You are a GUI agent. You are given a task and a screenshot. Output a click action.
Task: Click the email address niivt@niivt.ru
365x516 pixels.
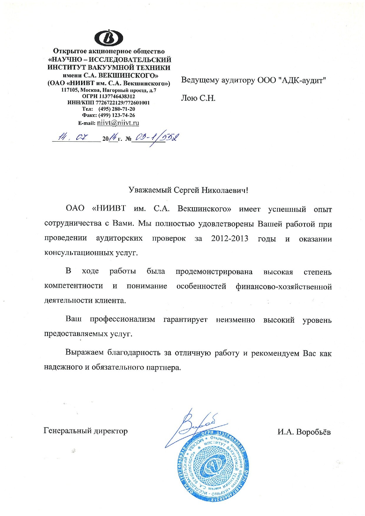coord(118,123)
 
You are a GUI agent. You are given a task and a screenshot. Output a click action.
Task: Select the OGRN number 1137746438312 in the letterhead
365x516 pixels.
coord(117,96)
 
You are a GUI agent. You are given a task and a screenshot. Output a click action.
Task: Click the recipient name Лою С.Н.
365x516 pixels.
coord(198,98)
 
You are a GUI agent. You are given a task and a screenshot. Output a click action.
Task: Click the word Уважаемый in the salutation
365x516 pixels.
coord(150,190)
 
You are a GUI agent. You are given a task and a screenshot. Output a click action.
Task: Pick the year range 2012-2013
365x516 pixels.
coord(230,238)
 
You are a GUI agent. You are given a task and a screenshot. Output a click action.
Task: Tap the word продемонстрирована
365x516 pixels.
coord(214,271)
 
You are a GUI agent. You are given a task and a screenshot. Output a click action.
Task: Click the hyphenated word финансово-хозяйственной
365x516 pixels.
coord(283,286)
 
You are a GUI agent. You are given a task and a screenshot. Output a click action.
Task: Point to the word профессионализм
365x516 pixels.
coord(122,320)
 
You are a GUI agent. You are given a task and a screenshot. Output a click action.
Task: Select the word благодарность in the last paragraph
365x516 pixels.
coord(135,353)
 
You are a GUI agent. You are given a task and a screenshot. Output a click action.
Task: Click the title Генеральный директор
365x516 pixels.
coord(86,431)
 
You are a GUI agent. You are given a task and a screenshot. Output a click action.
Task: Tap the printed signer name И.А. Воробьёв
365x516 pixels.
coord(304,432)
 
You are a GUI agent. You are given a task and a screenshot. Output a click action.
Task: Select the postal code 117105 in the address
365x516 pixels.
coord(70,90)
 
